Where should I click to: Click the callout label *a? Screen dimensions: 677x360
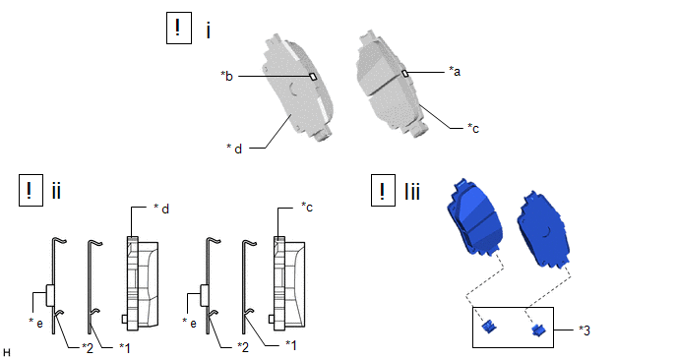pos(455,71)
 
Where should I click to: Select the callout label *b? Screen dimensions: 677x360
pos(226,76)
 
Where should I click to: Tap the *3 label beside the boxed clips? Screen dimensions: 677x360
pos(585,330)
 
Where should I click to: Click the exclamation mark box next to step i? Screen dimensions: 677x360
pos(179,29)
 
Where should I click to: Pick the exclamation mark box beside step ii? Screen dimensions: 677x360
pos(31,190)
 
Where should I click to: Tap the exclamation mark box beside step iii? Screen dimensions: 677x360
pos(383,190)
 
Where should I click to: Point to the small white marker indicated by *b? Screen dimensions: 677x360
pos(313,77)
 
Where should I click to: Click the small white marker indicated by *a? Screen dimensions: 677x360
pos(405,74)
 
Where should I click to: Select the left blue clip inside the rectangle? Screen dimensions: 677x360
pos(488,326)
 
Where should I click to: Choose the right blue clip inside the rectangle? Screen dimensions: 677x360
pos(538,330)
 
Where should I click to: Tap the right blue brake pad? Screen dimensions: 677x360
pos(543,229)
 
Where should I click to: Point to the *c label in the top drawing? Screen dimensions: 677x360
pos(473,128)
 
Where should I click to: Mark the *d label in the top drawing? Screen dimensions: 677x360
pos(234,149)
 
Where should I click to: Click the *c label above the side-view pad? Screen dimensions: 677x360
pos(307,208)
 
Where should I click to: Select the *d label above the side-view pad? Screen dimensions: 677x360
pos(161,209)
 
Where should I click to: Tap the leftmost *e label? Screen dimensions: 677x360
pos(35,323)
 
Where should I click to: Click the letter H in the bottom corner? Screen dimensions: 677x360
pos(7,353)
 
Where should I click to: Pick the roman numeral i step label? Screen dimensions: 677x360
pos(209,30)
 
